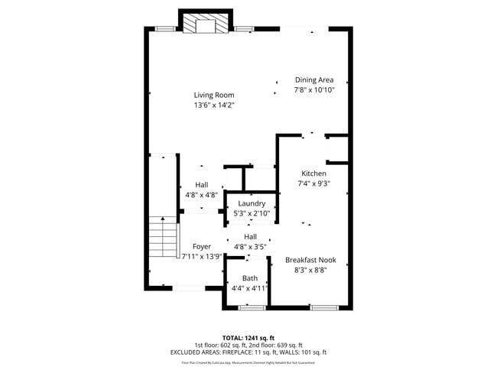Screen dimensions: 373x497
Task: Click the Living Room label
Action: click(213, 95)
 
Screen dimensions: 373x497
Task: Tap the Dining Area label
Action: click(313, 79)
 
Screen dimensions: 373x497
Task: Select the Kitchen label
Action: click(313, 174)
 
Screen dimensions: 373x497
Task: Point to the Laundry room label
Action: click(252, 203)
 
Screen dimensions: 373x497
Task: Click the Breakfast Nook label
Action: click(310, 259)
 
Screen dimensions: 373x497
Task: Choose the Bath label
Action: click(250, 278)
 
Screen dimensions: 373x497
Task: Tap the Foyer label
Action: click(201, 246)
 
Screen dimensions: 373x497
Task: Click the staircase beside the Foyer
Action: click(162, 238)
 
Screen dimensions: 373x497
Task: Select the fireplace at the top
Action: click(206, 24)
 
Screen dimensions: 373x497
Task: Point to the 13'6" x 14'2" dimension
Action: click(213, 105)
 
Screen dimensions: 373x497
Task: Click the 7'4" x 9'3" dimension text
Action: click(313, 183)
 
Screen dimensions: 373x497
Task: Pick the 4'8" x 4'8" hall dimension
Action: click(201, 195)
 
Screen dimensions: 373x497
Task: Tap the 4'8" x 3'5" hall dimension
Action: click(250, 247)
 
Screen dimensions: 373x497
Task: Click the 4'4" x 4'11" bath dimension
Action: click(250, 288)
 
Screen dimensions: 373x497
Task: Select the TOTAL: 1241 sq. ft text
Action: click(248, 337)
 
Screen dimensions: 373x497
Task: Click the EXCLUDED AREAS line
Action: click(248, 352)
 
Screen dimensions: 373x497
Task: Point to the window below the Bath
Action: click(252, 307)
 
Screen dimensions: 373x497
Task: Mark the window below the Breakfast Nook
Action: click(323, 307)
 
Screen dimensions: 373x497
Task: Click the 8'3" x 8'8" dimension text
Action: click(310, 269)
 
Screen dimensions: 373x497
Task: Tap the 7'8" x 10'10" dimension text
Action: click(313, 89)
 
